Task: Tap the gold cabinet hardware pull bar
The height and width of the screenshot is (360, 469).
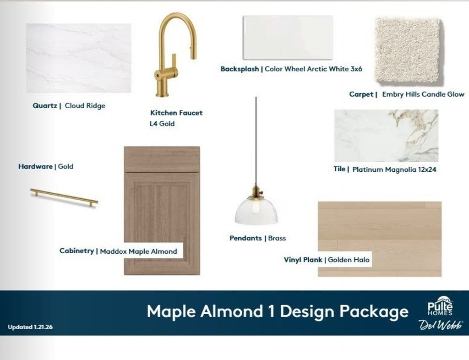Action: (64, 197)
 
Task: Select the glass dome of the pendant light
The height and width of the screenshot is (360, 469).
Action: (256, 211)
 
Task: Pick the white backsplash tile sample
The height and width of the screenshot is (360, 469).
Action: (288, 38)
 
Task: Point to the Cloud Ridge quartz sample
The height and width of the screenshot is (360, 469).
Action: (79, 58)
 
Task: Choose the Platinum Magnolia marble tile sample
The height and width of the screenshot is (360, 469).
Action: (386, 136)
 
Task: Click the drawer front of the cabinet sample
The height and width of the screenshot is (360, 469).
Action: (162, 159)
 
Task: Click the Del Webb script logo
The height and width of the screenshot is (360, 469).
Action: (441, 325)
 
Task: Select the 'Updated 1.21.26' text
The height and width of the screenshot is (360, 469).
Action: (30, 327)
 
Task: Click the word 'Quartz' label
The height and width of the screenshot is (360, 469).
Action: (45, 105)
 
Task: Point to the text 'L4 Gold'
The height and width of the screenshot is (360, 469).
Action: (162, 124)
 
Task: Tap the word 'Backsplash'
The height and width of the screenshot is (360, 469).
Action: (240, 69)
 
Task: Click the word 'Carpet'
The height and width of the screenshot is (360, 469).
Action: (361, 94)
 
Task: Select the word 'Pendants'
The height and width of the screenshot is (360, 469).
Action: (245, 238)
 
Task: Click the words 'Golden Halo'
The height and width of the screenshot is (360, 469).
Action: (349, 260)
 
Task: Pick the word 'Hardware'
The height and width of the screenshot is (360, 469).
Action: (35, 167)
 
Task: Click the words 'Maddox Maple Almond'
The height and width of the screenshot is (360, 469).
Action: (138, 251)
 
